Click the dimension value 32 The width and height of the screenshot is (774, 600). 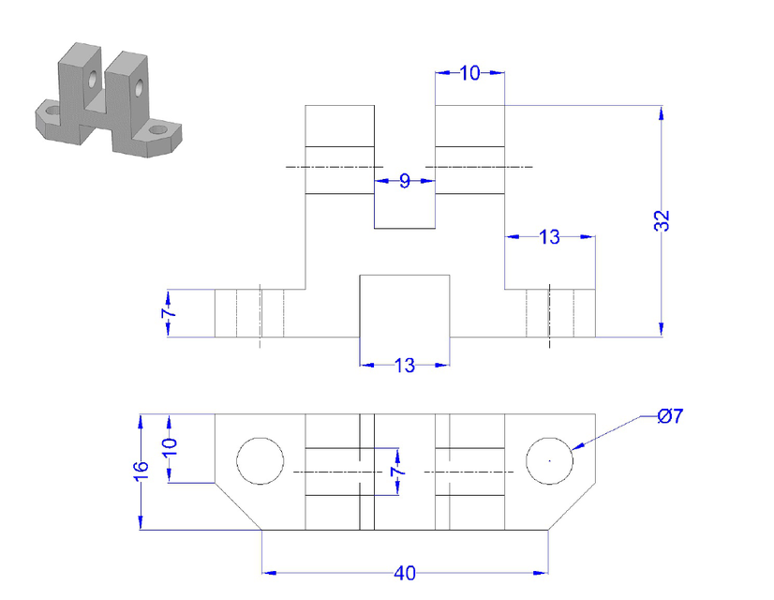pos(662,220)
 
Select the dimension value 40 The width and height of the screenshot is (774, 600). pos(405,573)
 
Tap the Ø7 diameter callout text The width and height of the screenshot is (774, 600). pos(670,415)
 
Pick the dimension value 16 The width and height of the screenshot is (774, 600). pos(141,471)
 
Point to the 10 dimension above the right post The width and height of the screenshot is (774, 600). pos(470,73)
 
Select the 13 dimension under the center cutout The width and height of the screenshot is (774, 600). pos(405,366)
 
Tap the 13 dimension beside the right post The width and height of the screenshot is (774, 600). pos(550,237)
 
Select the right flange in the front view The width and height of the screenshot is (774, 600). pos(550,313)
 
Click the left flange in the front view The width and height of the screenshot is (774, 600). pos(249,313)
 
